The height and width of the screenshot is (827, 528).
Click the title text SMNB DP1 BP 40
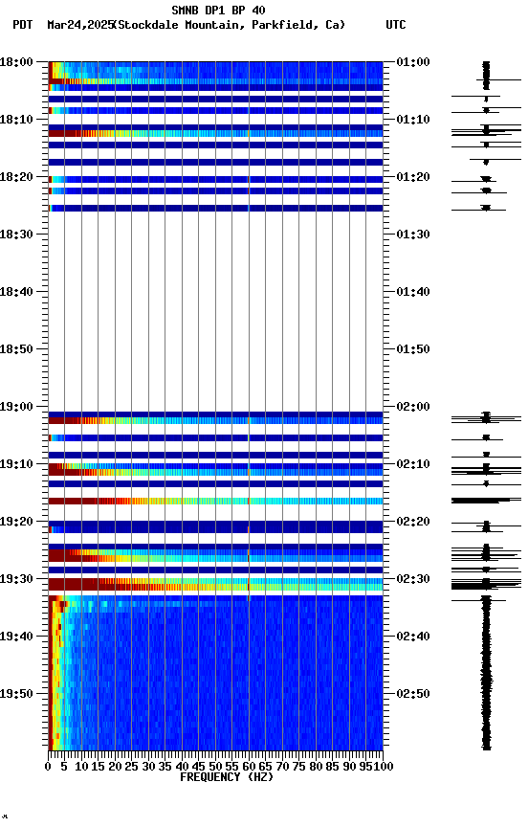[x=218, y=11]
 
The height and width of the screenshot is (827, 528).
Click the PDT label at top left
[x=23, y=25]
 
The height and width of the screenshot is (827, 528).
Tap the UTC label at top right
[x=395, y=25]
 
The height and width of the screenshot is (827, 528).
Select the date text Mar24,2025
[x=79, y=25]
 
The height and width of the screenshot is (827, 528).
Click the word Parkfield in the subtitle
[x=286, y=25]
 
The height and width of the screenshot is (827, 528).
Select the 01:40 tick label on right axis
[x=412, y=292]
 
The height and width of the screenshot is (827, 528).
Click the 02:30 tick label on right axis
[x=412, y=579]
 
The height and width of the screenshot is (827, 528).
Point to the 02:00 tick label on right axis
[x=412, y=407]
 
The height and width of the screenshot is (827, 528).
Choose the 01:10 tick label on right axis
[x=412, y=120]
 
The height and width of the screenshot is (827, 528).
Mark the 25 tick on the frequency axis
[x=132, y=767]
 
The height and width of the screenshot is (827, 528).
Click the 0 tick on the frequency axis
[x=49, y=767]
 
